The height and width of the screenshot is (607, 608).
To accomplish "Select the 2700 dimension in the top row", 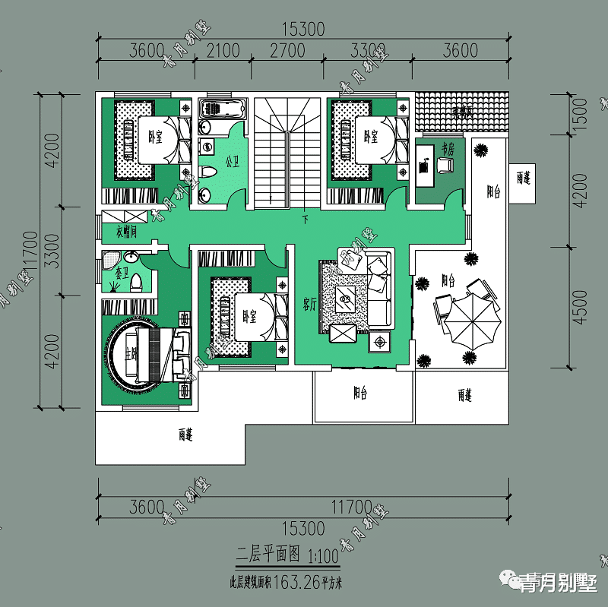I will point(287,51).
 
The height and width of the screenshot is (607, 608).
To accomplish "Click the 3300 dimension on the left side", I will point(50,251).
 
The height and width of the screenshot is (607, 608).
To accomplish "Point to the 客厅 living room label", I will point(309,305).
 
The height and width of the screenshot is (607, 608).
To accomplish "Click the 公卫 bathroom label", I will point(233,162).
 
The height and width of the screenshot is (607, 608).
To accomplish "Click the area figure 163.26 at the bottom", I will point(294,583).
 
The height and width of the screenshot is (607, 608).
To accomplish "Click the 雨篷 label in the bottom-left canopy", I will point(186,435).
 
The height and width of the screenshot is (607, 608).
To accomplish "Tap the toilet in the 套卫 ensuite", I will point(137,283).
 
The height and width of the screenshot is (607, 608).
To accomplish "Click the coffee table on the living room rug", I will point(346,299).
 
